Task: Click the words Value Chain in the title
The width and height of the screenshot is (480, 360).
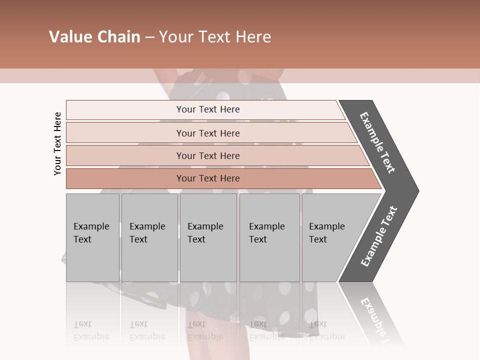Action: click(x=94, y=37)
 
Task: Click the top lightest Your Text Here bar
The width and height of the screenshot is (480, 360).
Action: click(x=208, y=109)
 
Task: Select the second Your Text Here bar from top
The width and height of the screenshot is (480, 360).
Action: click(x=208, y=133)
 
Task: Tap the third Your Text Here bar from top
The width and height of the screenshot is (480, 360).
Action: click(x=208, y=155)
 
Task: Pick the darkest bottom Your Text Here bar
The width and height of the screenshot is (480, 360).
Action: click(x=208, y=178)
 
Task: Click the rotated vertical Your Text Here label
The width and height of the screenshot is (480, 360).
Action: click(x=58, y=143)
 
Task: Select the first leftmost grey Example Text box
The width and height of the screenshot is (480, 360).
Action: click(x=92, y=237)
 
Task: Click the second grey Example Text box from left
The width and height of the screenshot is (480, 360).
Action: click(x=149, y=237)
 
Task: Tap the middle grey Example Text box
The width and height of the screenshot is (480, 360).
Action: click(x=208, y=237)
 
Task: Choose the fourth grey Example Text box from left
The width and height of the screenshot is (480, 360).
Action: click(x=269, y=237)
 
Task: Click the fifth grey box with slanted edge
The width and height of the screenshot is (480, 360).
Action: click(x=330, y=237)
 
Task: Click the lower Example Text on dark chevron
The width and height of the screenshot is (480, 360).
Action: click(x=379, y=236)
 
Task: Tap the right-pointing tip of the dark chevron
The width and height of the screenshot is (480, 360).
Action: click(x=416, y=191)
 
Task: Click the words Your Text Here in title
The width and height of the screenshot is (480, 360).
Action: click(x=215, y=37)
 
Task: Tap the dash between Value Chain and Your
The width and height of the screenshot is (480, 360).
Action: click(x=149, y=37)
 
